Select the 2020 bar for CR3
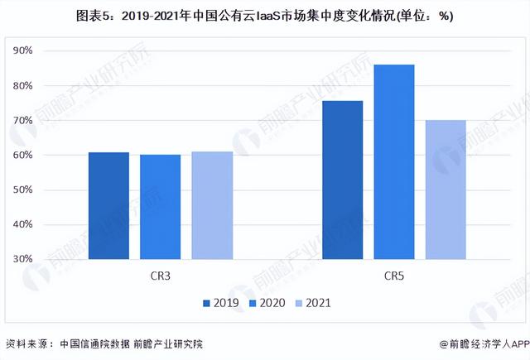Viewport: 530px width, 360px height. (161, 207)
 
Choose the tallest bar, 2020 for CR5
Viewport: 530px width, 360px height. (394, 162)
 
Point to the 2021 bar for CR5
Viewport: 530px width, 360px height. (446, 190)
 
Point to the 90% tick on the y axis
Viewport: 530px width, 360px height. (45, 51)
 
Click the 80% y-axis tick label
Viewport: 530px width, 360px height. (45, 86)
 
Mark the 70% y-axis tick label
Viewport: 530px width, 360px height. (45, 121)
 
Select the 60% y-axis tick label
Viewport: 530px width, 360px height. (45, 156)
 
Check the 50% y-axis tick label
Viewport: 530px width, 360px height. (45, 190)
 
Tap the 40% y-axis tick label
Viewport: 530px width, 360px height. (45, 224)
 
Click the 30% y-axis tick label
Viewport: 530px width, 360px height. (45, 259)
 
